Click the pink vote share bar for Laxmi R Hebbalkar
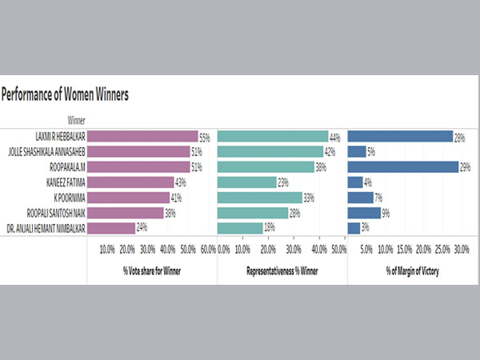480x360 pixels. click(142, 137)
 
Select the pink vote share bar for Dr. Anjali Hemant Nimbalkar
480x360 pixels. click(111, 228)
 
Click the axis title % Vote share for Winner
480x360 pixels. click(151, 271)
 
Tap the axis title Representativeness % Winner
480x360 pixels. click(282, 271)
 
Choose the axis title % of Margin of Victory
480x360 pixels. click(412, 271)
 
